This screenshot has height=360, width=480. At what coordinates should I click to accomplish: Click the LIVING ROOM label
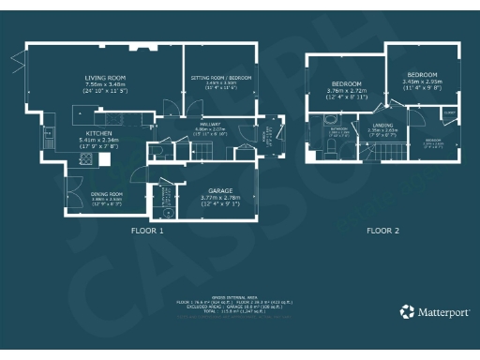[x=105, y=78]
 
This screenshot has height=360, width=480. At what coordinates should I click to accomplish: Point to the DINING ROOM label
[x=107, y=193]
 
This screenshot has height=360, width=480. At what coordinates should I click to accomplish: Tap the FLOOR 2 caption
[x=382, y=230]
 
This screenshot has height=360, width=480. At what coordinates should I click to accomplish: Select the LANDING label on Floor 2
[x=382, y=124]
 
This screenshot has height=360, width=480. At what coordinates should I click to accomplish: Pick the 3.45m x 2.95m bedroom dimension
[x=421, y=81]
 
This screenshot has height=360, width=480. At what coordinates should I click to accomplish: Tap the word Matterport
[x=442, y=312]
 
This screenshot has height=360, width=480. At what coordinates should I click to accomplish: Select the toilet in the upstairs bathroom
[x=327, y=120]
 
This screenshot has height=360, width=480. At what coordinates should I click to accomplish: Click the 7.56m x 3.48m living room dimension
[x=105, y=86]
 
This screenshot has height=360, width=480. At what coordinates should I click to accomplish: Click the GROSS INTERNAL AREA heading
[x=240, y=293]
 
